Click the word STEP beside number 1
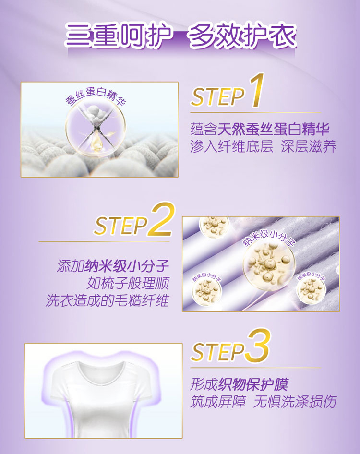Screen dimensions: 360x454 click(x=218, y=97)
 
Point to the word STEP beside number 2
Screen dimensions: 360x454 click(x=121, y=226)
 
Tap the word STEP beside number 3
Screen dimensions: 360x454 click(x=218, y=352)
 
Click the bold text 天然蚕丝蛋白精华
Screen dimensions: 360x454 click(x=274, y=129)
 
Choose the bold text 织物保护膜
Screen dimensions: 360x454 click(x=253, y=384)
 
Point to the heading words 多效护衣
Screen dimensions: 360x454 click(x=242, y=36)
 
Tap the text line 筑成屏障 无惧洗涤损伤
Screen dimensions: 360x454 click(x=263, y=402)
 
